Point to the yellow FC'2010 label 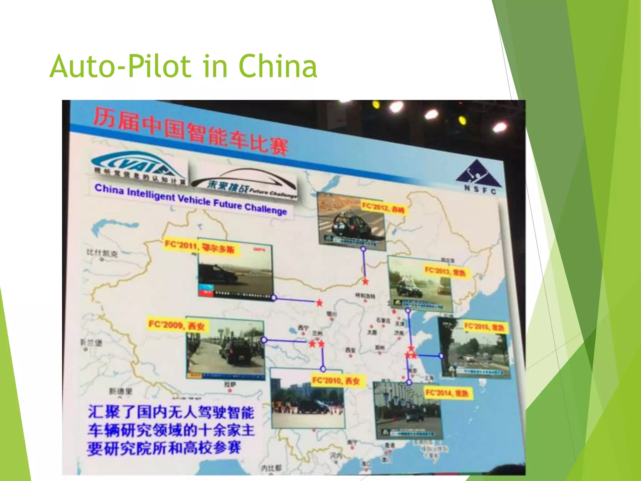[336, 381]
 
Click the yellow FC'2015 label [484, 327]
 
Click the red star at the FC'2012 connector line [365, 282]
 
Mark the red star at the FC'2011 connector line [319, 303]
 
